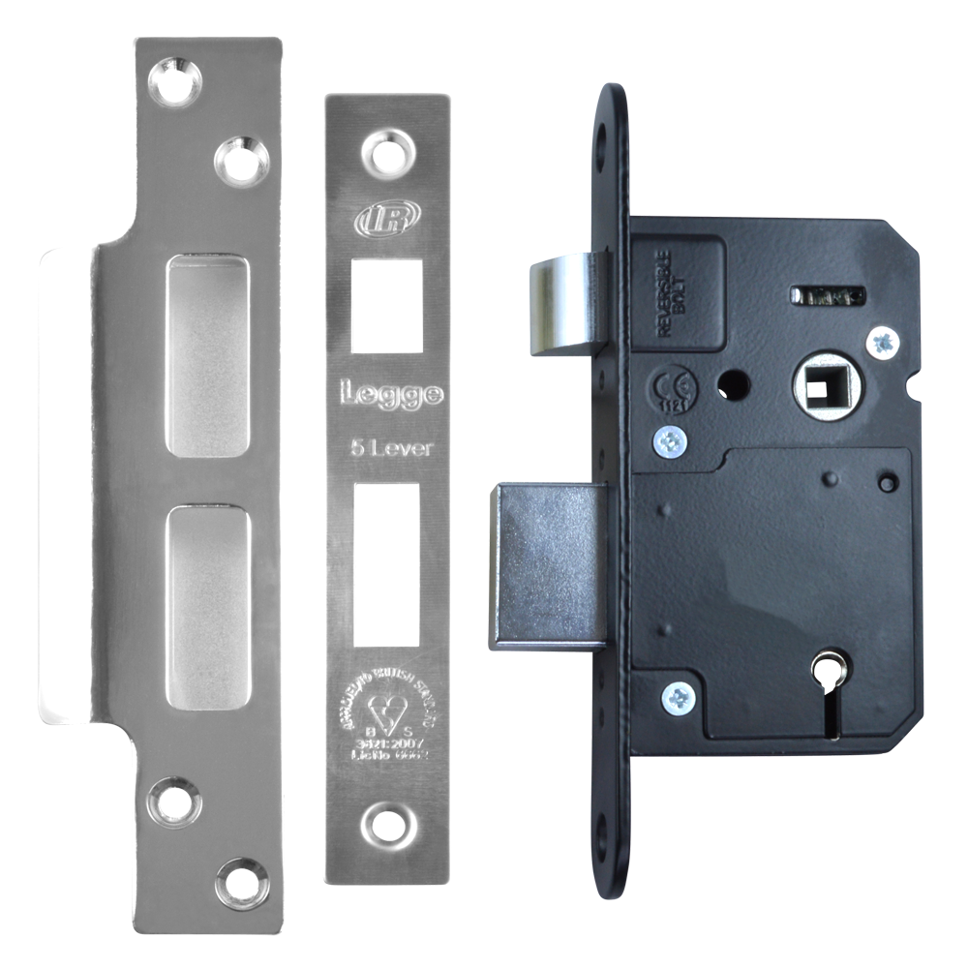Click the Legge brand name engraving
click(390, 395)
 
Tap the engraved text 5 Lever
click(390, 447)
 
